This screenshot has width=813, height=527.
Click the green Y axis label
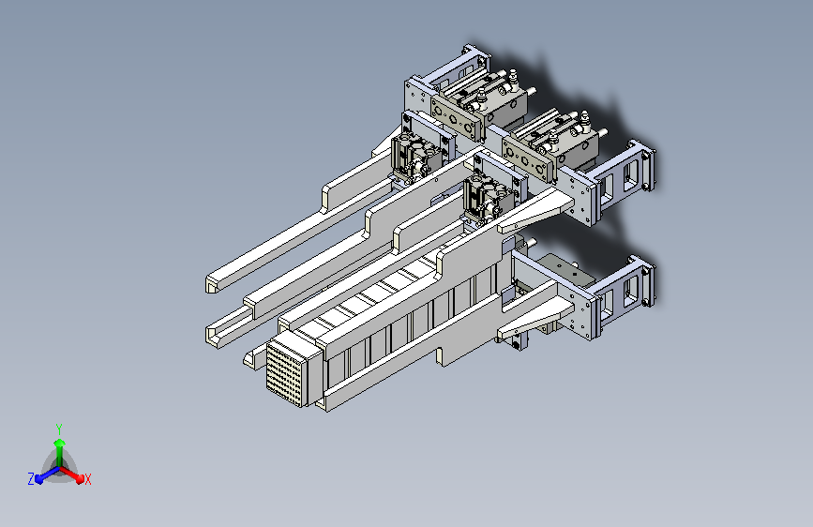pyautogui.click(x=59, y=429)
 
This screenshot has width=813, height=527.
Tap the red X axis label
pyautogui.click(x=87, y=480)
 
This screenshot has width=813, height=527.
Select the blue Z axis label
pyautogui.click(x=31, y=479)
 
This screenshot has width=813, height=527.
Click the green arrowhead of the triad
pyautogui.click(x=60, y=444)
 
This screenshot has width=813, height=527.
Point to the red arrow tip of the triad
pyautogui.click(x=80, y=479)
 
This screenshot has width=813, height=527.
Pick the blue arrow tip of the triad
pyautogui.click(x=38, y=480)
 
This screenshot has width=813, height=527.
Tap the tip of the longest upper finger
pyautogui.click(x=212, y=284)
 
